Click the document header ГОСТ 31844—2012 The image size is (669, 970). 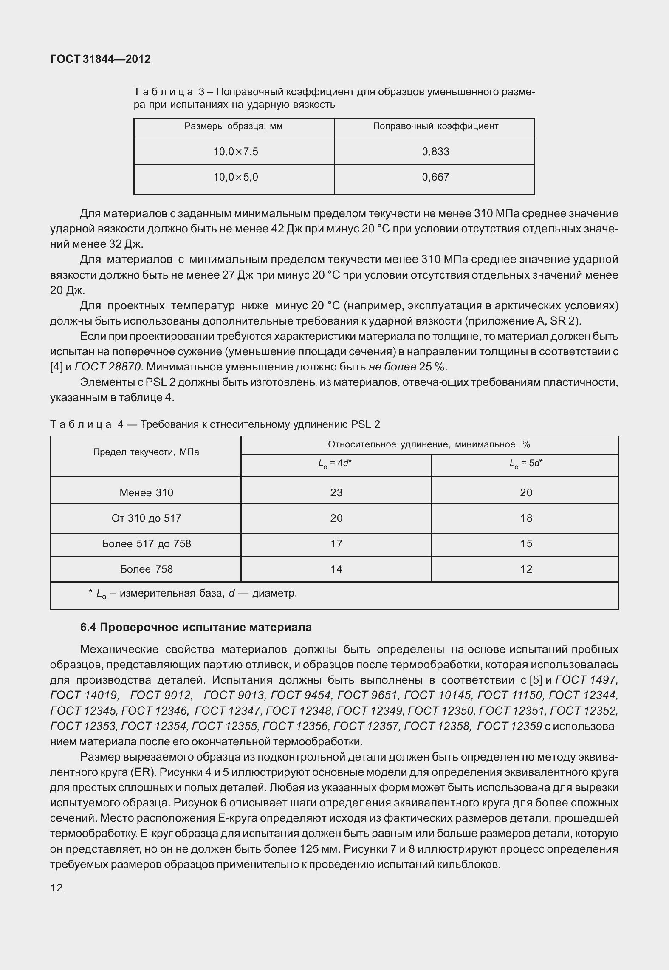[x=100, y=59]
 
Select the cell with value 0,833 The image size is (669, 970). [x=435, y=152]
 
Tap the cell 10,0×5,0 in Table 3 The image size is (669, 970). [x=235, y=177]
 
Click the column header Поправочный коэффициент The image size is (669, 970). [x=435, y=126]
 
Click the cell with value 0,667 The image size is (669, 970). [x=435, y=177]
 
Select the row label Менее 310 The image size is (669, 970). [x=146, y=492]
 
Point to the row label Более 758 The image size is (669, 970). [x=146, y=569]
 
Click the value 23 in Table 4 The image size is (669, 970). [x=336, y=492]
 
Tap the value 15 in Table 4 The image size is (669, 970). [x=526, y=543]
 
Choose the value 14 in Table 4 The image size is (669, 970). [x=336, y=569]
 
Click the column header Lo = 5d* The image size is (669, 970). [x=526, y=464]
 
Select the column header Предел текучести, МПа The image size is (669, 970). [x=146, y=452]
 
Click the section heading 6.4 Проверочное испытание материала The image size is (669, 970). [x=196, y=627]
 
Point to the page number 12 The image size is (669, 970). [x=56, y=888]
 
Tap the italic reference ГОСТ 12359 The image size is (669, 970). [x=509, y=726]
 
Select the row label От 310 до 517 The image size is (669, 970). [x=146, y=518]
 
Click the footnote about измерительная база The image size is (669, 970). [x=193, y=593]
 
